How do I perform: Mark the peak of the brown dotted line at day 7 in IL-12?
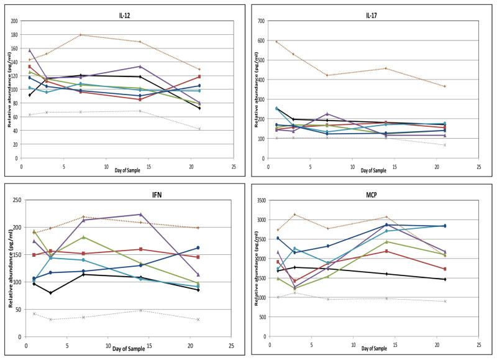coord(81,35)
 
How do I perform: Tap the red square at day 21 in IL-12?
coord(199,76)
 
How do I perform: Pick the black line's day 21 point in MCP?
coord(444,279)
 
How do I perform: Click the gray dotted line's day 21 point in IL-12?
coord(199,129)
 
